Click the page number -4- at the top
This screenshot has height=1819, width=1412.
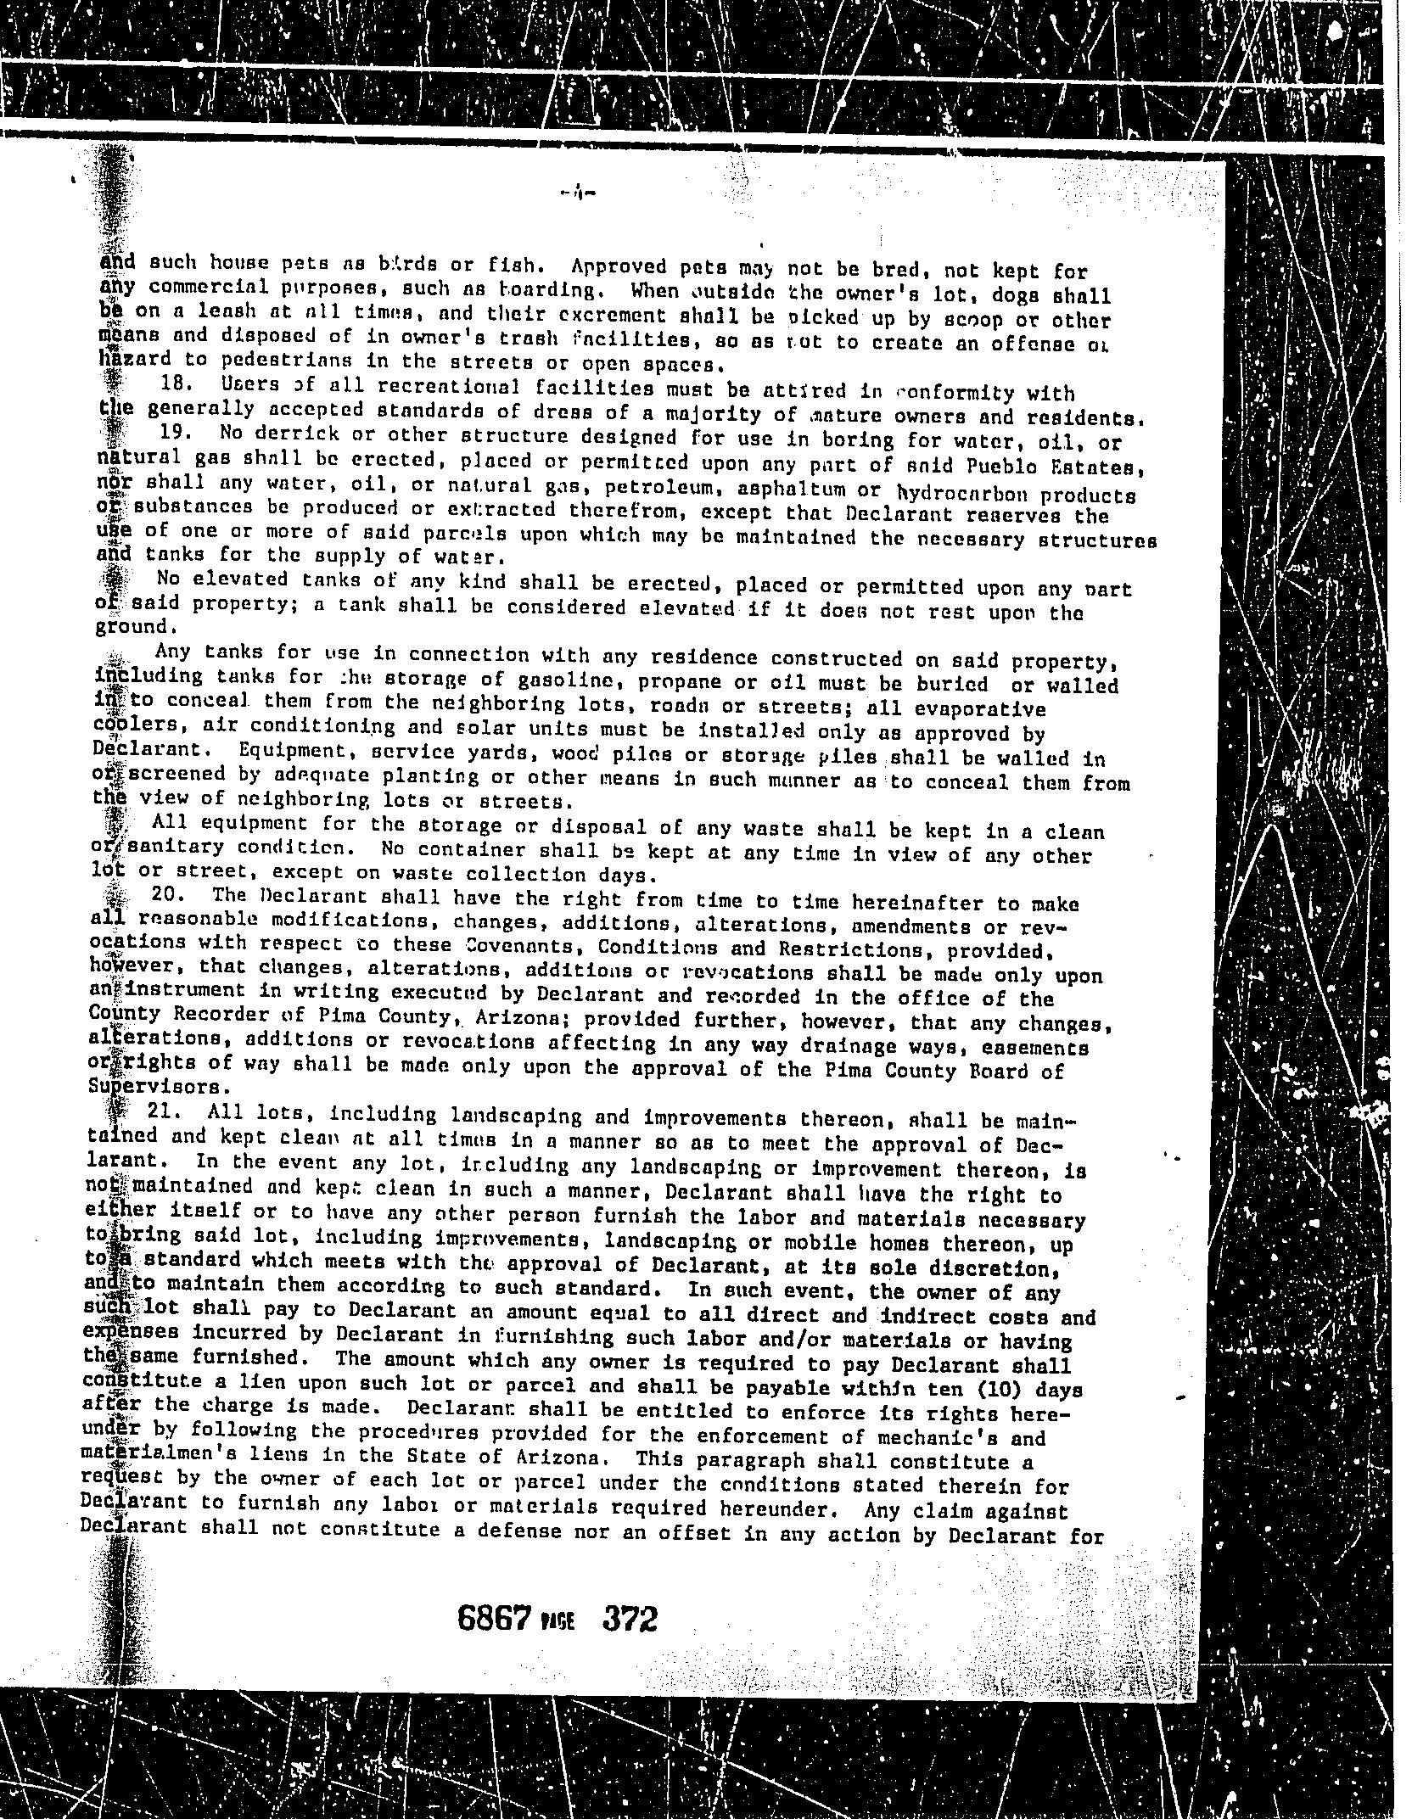coord(579,193)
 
